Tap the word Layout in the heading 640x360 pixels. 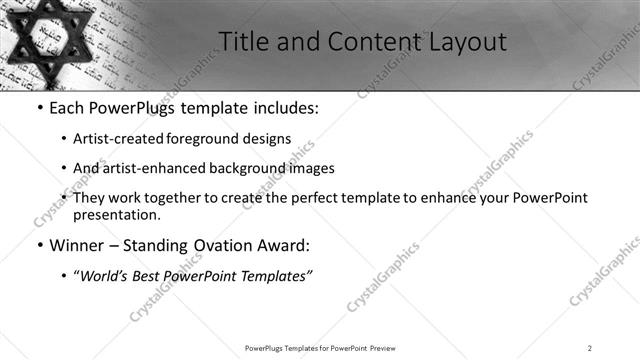[469, 42]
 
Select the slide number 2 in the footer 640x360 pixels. [589, 348]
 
